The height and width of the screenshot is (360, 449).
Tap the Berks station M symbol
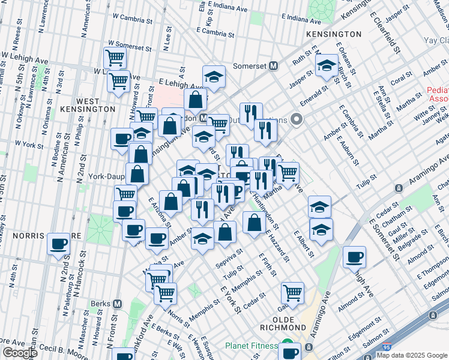tap(118, 304)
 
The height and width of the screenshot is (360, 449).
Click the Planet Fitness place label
tap(250, 346)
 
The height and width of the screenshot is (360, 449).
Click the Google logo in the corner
tap(19, 353)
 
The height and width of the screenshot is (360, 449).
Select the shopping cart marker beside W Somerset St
tap(115, 58)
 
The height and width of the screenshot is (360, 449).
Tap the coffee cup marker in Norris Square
tap(59, 244)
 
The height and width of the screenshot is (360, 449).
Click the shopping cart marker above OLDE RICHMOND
tap(292, 293)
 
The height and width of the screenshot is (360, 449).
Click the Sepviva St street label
tap(231, 257)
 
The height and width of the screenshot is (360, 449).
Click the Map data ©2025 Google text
tap(412, 355)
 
